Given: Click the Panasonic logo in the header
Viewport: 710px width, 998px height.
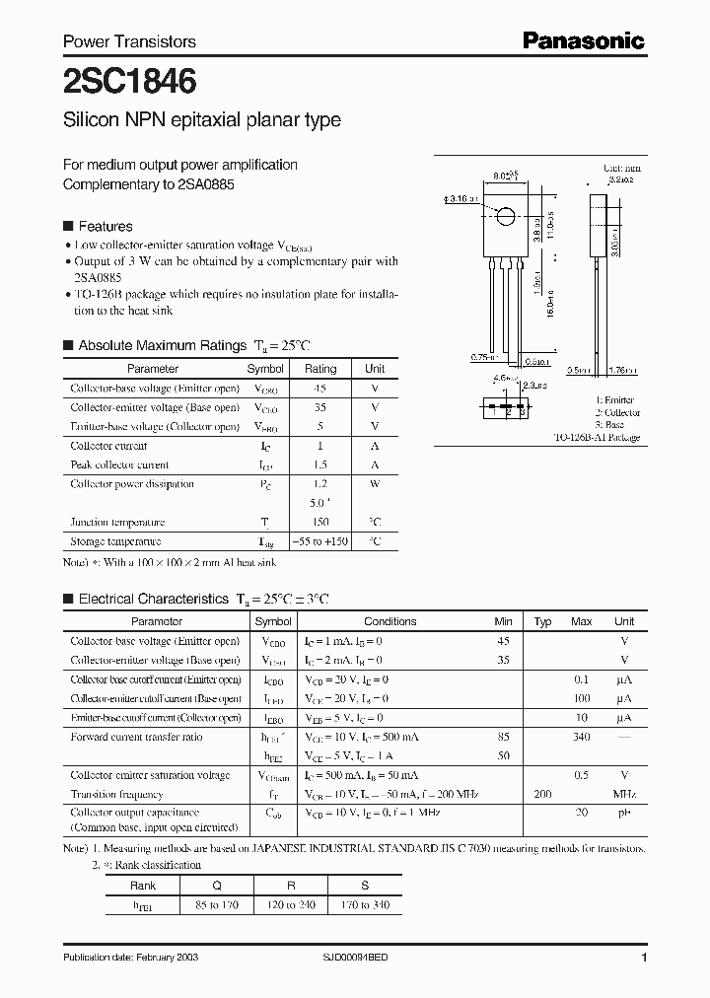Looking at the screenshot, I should coord(583,39).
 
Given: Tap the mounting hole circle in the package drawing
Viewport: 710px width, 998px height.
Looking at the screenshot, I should coord(505,217).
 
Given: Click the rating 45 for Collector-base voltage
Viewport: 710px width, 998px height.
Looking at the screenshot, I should coord(319,388).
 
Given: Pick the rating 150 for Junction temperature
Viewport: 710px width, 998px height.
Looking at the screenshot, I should coord(319,522).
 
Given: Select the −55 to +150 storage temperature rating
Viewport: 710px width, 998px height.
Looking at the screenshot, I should coord(319,541).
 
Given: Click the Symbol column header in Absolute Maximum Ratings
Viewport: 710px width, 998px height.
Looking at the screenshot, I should coord(264,369).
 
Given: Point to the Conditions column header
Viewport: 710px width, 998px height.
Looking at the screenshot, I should coord(390,621).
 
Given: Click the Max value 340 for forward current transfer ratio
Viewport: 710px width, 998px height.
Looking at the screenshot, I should coord(581,737).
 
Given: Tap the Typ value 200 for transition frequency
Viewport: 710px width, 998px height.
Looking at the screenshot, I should coord(542,794).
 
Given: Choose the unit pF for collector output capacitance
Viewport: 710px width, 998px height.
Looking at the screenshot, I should coord(624,813).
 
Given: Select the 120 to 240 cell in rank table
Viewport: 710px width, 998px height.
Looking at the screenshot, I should coord(291,904).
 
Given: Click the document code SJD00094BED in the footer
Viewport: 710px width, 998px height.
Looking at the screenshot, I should coord(363,959).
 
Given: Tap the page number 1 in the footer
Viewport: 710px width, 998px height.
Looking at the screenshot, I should coord(643,959).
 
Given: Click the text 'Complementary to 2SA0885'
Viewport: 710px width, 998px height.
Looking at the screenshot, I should coord(149,184).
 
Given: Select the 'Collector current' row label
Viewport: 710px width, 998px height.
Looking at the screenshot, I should coord(108,446).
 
